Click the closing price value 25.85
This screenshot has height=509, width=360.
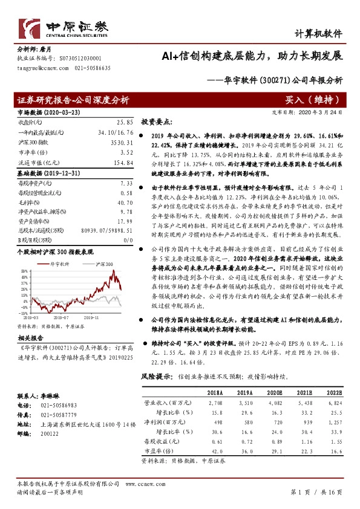pyautogui.click(x=124, y=122)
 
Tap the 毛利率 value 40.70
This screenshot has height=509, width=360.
pyautogui.click(x=123, y=203)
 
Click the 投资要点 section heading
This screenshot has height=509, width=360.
pyautogui.click(x=158, y=121)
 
